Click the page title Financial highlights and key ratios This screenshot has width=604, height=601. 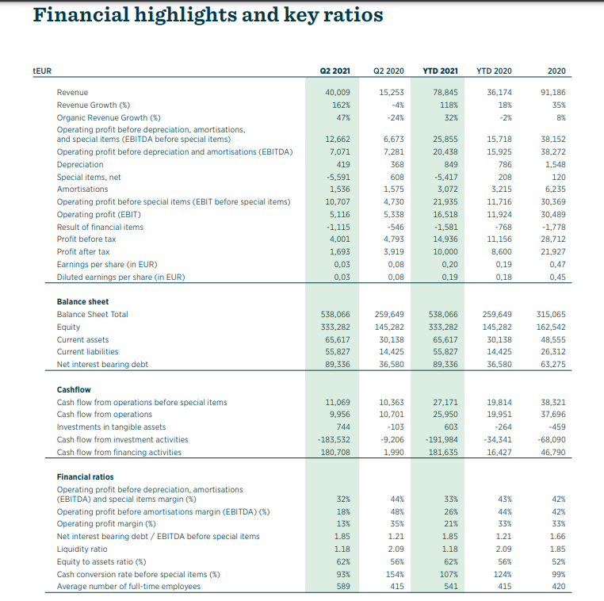[x=208, y=15]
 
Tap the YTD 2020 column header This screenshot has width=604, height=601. [x=494, y=71]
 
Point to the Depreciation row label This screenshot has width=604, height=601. [x=80, y=164]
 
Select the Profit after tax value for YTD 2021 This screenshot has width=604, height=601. [x=445, y=251]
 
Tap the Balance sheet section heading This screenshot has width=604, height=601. [x=82, y=301]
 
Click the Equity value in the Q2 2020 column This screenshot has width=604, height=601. [x=388, y=327]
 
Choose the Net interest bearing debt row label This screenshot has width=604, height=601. [x=102, y=364]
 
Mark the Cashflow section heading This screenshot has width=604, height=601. [x=74, y=389]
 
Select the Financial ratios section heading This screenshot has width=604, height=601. [x=85, y=477]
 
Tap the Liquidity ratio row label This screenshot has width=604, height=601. [x=82, y=549]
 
